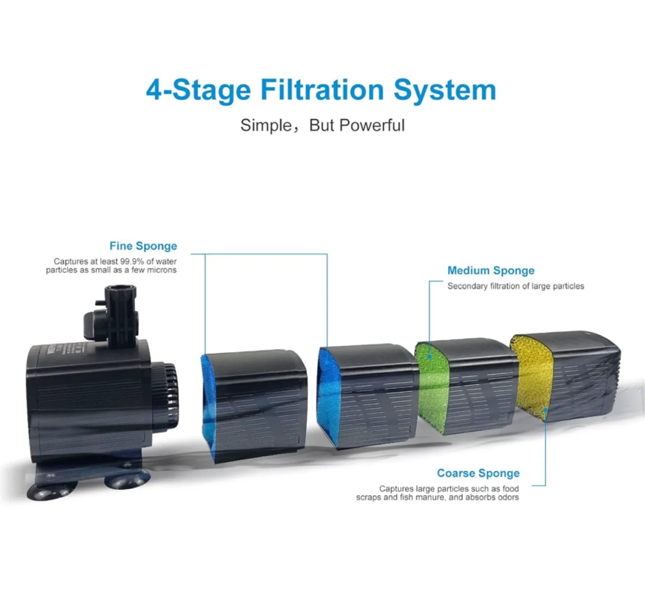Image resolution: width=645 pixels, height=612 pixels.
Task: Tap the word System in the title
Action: (x=444, y=90)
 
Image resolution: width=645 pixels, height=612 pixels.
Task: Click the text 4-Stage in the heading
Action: (x=198, y=90)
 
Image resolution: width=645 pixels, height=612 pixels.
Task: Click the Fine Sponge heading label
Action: (x=143, y=246)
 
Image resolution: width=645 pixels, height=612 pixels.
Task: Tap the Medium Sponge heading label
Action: (x=490, y=271)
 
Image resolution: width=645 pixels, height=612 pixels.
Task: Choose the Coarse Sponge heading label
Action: (x=478, y=473)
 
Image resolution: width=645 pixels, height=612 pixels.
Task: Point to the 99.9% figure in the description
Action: (x=132, y=261)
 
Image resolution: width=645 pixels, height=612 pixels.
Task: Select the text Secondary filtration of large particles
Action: (x=516, y=286)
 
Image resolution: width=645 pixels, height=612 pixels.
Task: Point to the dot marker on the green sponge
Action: (x=430, y=357)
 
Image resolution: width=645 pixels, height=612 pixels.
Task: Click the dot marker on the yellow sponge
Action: (x=545, y=409)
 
